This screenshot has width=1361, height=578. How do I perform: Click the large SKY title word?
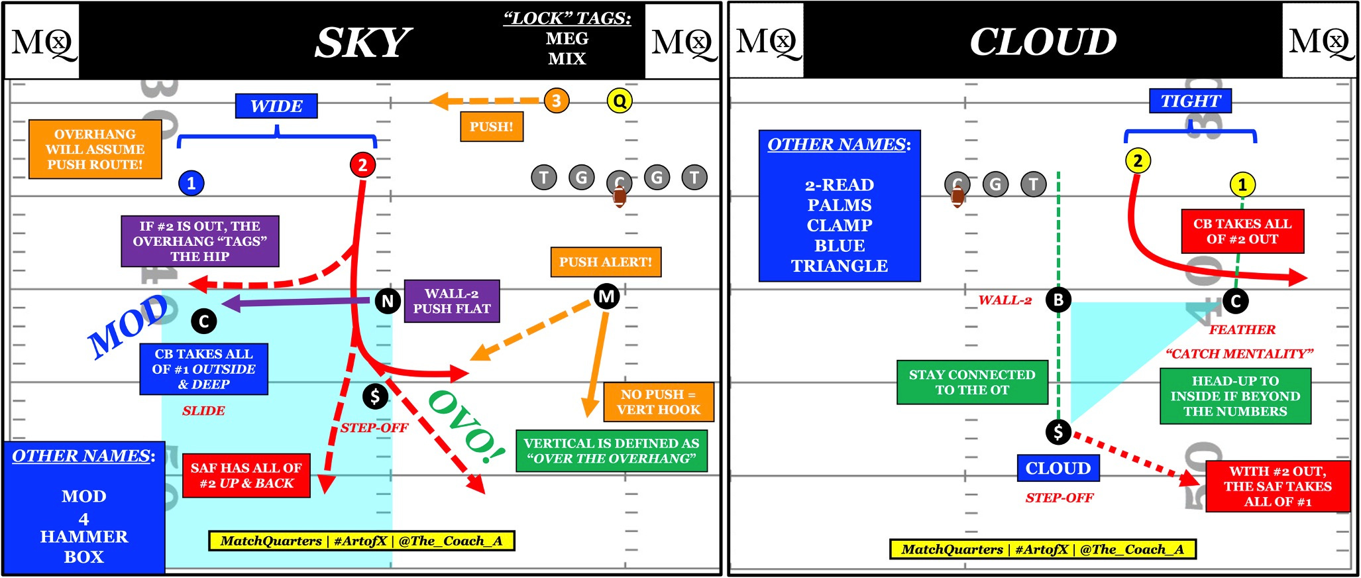[x=362, y=43]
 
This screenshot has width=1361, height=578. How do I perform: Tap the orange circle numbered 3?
[x=556, y=101]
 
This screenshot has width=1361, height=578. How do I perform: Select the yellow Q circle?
[x=619, y=101]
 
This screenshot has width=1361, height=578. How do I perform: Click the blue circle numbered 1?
[x=191, y=183]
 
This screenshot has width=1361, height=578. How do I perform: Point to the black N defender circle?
[x=388, y=301]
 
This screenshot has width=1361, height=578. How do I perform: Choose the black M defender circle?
[x=606, y=296]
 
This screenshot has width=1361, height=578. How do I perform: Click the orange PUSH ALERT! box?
[x=605, y=262]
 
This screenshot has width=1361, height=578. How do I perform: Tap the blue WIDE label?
[x=276, y=106]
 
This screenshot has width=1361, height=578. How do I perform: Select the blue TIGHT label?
[x=1190, y=101]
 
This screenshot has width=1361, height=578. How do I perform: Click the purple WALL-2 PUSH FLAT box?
[x=451, y=301]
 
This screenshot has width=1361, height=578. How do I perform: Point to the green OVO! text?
[x=466, y=428]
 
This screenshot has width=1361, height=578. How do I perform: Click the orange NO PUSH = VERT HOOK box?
[x=658, y=402]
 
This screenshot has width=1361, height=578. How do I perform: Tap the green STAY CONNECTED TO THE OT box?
[x=971, y=382]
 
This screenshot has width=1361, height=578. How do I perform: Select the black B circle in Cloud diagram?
[x=1058, y=300]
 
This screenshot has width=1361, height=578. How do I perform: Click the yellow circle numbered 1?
[x=1242, y=184]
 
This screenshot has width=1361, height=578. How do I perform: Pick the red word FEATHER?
[x=1241, y=329]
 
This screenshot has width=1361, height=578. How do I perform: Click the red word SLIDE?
[x=203, y=411]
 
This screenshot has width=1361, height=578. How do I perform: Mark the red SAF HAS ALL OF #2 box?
[x=246, y=475]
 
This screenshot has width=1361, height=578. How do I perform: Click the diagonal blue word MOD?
[x=129, y=326]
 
